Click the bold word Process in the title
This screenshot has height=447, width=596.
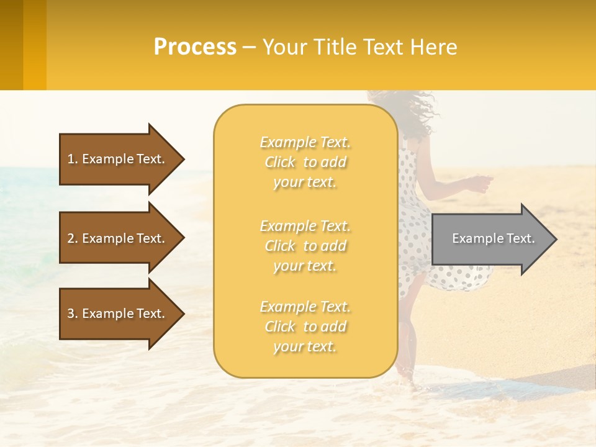pos(195,47)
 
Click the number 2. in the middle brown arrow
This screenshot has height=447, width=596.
pos(73,238)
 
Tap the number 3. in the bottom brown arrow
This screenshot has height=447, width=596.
pos(73,314)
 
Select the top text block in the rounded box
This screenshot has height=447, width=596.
pos(305,162)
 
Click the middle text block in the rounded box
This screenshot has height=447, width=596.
pos(305,246)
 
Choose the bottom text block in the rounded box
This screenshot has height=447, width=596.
pos(305,327)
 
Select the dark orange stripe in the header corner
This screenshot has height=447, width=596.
pos(12,45)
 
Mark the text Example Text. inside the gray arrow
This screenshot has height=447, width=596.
pos(493,238)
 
